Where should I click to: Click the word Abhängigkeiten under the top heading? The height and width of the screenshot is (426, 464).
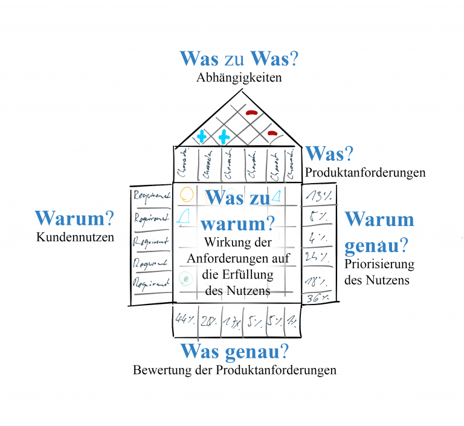pyautogui.click(x=239, y=78)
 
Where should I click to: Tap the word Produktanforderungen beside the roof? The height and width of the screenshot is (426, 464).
pyautogui.click(x=365, y=173)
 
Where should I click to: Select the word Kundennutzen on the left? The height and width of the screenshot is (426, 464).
pyautogui.click(x=75, y=237)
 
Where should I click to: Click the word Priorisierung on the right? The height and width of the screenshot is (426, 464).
pyautogui.click(x=379, y=264)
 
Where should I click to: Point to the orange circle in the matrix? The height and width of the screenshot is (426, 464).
pyautogui.click(x=187, y=194)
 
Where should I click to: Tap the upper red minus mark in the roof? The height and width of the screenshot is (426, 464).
pyautogui.click(x=252, y=112)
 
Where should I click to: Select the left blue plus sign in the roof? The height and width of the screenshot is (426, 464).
pyautogui.click(x=202, y=137)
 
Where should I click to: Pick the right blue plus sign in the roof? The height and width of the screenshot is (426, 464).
pyautogui.click(x=224, y=137)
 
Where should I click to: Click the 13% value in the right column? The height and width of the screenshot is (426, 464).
pyautogui.click(x=318, y=195)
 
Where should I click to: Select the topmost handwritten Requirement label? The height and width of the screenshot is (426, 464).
pyautogui.click(x=152, y=195)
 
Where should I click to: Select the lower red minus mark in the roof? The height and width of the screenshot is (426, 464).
pyautogui.click(x=272, y=134)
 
